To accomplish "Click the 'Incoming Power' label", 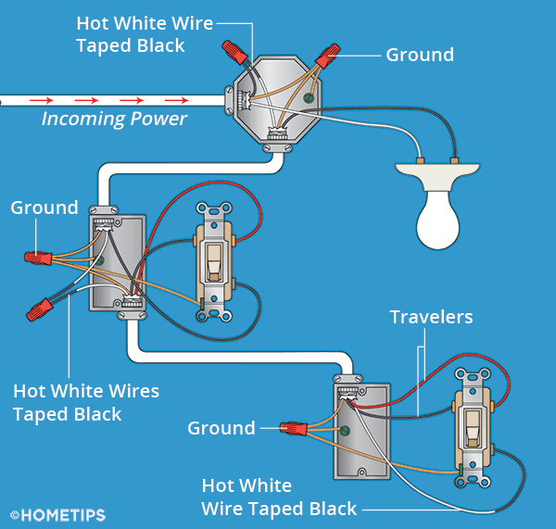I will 114,119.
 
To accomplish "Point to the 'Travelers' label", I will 431,318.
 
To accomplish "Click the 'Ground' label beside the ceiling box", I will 420,55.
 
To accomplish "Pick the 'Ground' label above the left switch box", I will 44,208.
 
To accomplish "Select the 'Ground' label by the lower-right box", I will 221,428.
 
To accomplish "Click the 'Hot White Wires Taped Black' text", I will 86,402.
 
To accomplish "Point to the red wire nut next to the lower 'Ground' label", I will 295,429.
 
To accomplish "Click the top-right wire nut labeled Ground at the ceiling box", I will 327,57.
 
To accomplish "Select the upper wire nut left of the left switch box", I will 39,258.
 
